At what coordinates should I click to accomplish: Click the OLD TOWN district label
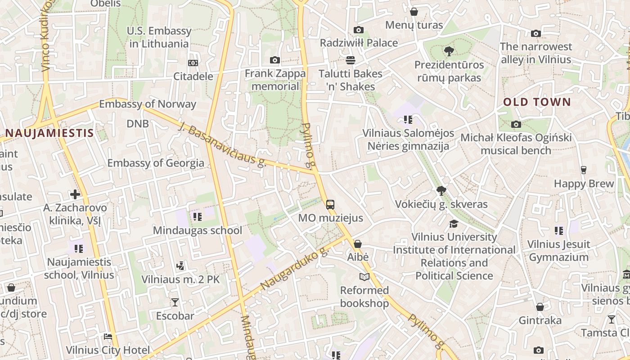[537, 102]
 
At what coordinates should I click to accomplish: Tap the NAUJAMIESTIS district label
[49, 133]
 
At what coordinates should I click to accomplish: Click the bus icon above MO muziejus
[330, 205]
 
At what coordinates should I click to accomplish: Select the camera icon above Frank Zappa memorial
[275, 60]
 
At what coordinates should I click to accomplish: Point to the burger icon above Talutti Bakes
[351, 60]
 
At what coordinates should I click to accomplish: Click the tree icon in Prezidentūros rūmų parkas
[449, 51]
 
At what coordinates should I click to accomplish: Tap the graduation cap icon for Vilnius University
[454, 224]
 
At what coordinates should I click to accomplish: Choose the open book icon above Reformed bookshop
[364, 277]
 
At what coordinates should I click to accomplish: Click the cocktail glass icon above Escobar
[175, 302]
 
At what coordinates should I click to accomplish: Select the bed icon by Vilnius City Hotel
[108, 337]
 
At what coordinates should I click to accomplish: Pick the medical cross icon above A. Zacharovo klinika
[75, 194]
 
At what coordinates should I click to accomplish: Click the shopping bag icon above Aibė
[358, 244]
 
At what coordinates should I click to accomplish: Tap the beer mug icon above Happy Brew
[584, 170]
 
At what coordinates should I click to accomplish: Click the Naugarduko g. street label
[295, 269]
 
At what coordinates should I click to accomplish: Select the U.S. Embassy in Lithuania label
[159, 37]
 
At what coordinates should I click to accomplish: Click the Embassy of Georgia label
[156, 163]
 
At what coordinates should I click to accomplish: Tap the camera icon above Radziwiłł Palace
[359, 30]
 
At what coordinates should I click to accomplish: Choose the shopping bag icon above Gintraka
[540, 307]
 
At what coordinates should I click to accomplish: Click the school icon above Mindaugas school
[197, 217]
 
